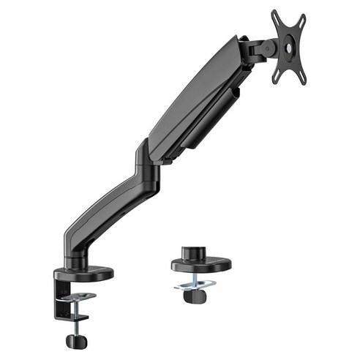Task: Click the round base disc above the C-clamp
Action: (x=87, y=273)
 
